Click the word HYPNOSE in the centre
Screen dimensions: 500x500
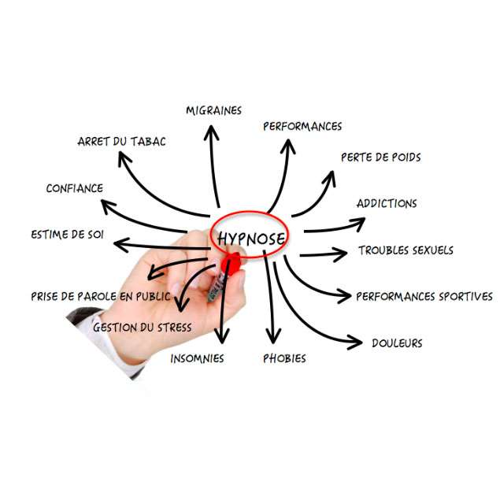click(251, 239)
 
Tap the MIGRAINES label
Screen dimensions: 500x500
click(213, 110)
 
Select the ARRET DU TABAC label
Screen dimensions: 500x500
click(122, 141)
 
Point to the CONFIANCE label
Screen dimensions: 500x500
click(75, 188)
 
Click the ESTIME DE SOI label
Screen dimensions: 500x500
click(67, 235)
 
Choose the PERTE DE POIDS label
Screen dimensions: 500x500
click(381, 157)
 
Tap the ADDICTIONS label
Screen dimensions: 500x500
click(387, 203)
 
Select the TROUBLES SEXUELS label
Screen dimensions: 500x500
click(406, 250)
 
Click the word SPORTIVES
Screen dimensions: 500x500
click(466, 296)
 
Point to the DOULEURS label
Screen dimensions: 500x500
click(397, 343)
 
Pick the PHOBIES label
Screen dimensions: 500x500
click(284, 358)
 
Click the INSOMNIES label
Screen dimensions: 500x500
click(197, 358)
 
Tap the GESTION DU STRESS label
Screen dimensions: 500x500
click(143, 328)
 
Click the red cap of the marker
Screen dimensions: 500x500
click(232, 264)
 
